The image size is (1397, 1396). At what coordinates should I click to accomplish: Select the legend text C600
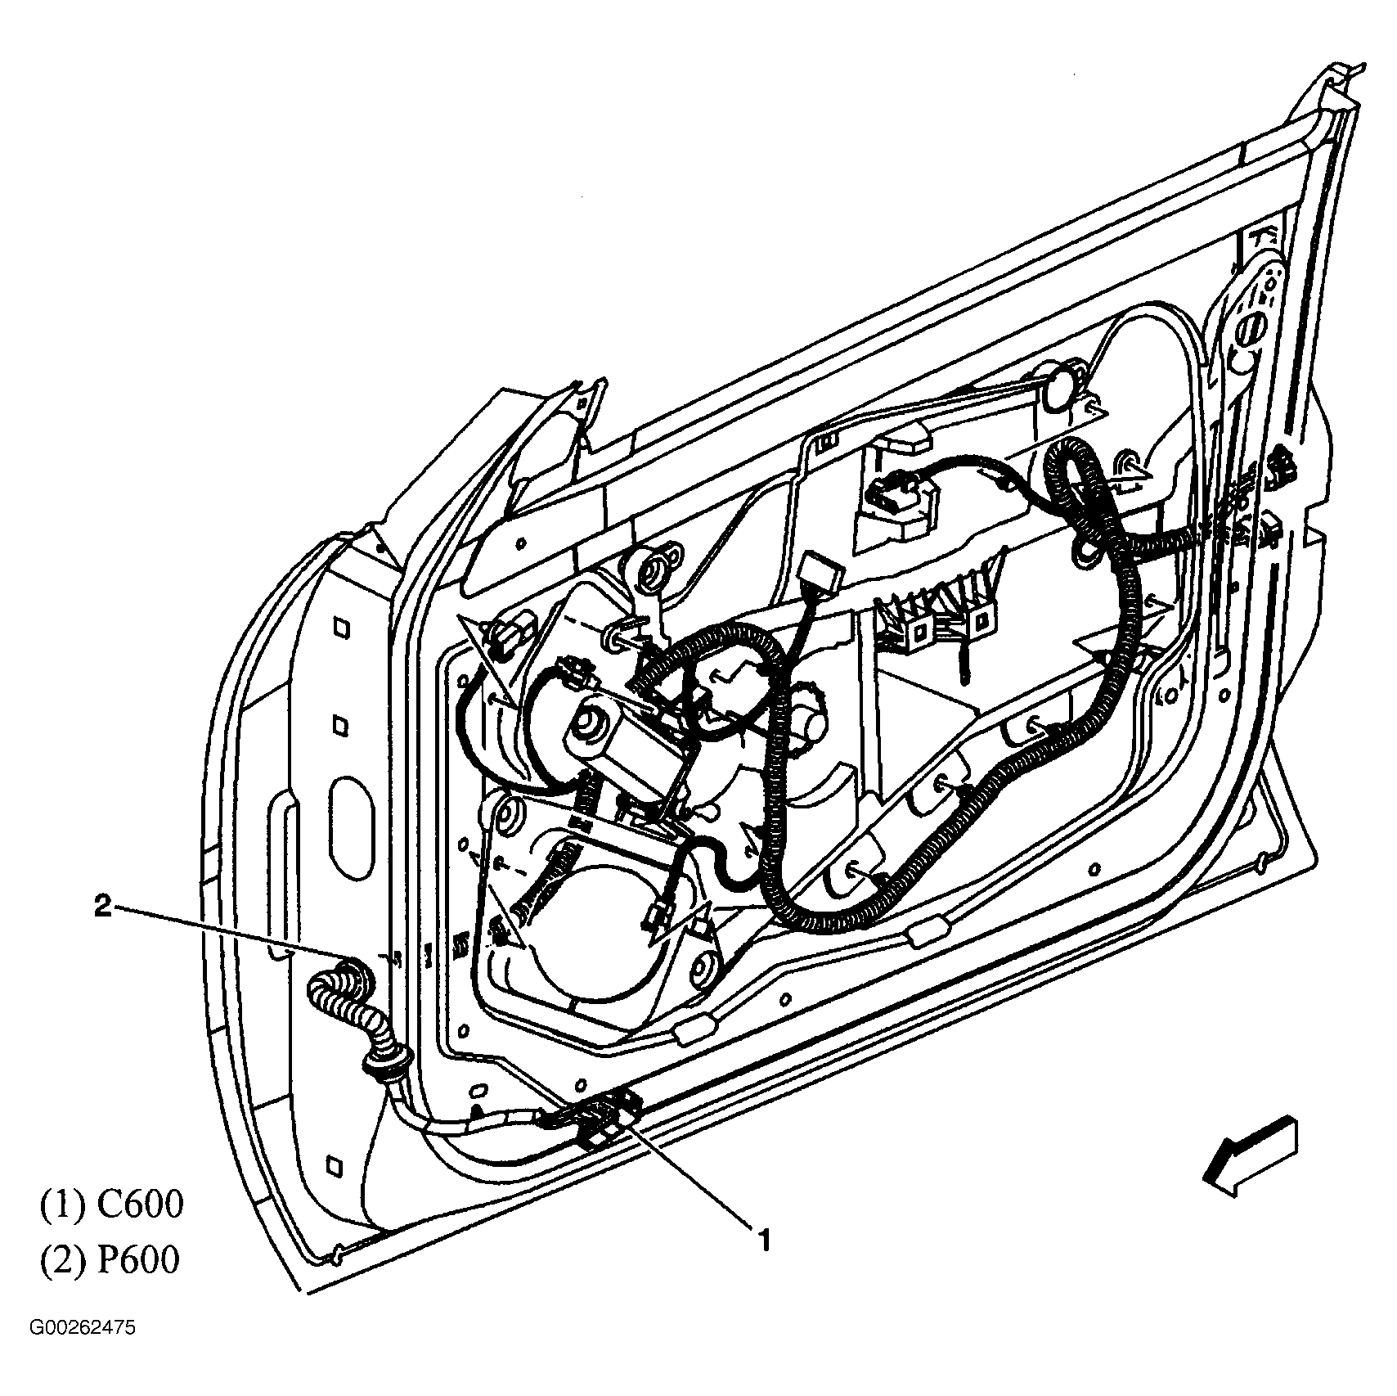(140, 1205)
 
